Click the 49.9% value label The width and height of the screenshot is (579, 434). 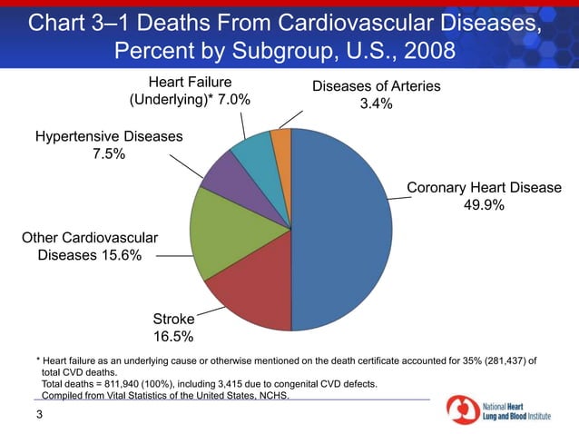[484, 205]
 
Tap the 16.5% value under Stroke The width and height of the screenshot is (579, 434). [172, 336]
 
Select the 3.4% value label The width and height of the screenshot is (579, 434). [376, 104]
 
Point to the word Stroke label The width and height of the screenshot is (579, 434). [172, 319]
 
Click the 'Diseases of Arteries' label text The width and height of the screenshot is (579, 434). [377, 86]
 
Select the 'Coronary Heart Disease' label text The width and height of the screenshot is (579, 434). [484, 188]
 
